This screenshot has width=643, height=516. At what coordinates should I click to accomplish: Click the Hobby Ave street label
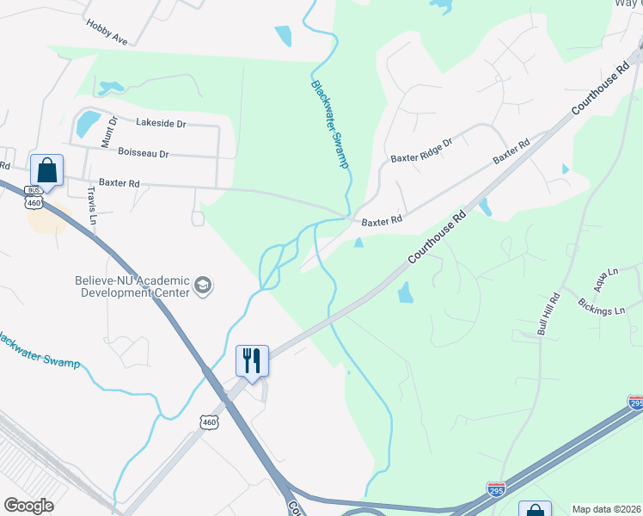(x=107, y=33)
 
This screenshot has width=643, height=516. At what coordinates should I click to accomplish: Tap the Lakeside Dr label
(x=161, y=124)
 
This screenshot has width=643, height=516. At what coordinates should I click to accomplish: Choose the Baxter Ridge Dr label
(x=421, y=150)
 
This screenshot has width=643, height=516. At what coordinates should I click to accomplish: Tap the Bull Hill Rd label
(x=548, y=314)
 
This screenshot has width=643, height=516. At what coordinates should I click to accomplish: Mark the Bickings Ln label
(x=601, y=306)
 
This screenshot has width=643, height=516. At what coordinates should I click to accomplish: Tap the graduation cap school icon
(x=203, y=286)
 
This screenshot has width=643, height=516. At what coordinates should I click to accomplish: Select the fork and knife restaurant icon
(x=252, y=359)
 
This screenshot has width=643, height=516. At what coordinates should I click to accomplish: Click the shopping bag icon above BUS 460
(x=46, y=169)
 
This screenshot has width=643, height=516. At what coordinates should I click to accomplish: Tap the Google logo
(x=28, y=506)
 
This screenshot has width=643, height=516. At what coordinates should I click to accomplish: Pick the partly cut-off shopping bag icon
(x=535, y=509)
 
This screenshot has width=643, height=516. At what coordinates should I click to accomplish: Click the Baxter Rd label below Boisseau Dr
(x=119, y=183)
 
